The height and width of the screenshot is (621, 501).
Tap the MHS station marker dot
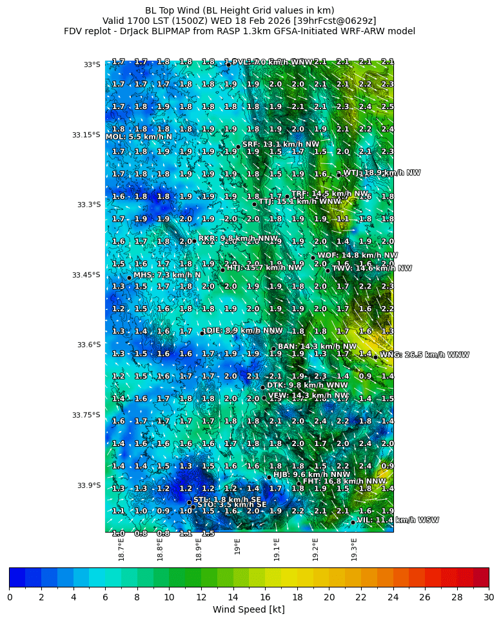(129, 278)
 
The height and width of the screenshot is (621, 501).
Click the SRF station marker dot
(238, 147)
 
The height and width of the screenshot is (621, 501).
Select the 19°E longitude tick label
(238, 547)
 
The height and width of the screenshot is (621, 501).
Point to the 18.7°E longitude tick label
(121, 549)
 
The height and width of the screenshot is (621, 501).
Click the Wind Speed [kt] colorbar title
(249, 609)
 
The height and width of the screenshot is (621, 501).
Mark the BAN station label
(317, 347)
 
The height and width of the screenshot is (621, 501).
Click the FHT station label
(344, 481)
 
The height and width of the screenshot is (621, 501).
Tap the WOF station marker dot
(313, 258)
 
